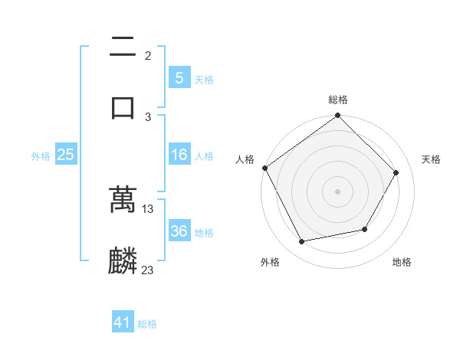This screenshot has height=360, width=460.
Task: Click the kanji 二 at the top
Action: pyautogui.click(x=123, y=47)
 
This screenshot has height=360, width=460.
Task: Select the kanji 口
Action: pyautogui.click(x=123, y=107)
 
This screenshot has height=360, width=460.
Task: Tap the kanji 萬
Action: pyautogui.click(x=123, y=200)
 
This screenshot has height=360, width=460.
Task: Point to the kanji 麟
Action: pyautogui.click(x=123, y=261)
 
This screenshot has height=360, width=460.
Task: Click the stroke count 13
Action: pyautogui.click(x=148, y=208)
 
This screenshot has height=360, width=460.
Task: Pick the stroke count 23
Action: pyautogui.click(x=148, y=270)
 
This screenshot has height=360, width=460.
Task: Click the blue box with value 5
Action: pyautogui.click(x=179, y=78)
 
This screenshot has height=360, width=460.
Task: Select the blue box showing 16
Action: pyautogui.click(x=179, y=155)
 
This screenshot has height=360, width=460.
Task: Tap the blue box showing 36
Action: pyautogui.click(x=179, y=231)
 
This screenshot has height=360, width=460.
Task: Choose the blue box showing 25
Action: pyautogui.click(x=65, y=155)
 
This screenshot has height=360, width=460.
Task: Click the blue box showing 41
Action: pyautogui.click(x=123, y=323)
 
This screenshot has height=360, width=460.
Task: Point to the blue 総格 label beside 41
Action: pyautogui.click(x=147, y=324)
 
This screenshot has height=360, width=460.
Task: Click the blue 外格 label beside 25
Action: pyautogui.click(x=41, y=155)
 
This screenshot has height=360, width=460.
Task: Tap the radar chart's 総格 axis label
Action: pyautogui.click(x=338, y=100)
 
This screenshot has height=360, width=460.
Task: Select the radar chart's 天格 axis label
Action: pyautogui.click(x=432, y=159)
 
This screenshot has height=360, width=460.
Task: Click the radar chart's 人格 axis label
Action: pyautogui.click(x=245, y=159)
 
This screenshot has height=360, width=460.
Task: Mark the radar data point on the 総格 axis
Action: pyautogui.click(x=338, y=116)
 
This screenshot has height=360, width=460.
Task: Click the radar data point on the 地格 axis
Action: pyautogui.click(x=365, y=229)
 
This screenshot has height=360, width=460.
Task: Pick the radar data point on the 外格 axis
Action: pyautogui.click(x=302, y=242)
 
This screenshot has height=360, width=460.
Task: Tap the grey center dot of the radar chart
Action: pyautogui.click(x=338, y=191)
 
